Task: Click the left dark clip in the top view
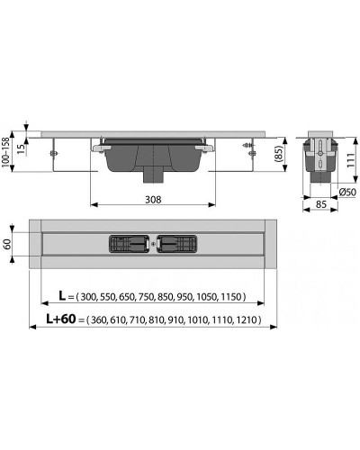(128, 244)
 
